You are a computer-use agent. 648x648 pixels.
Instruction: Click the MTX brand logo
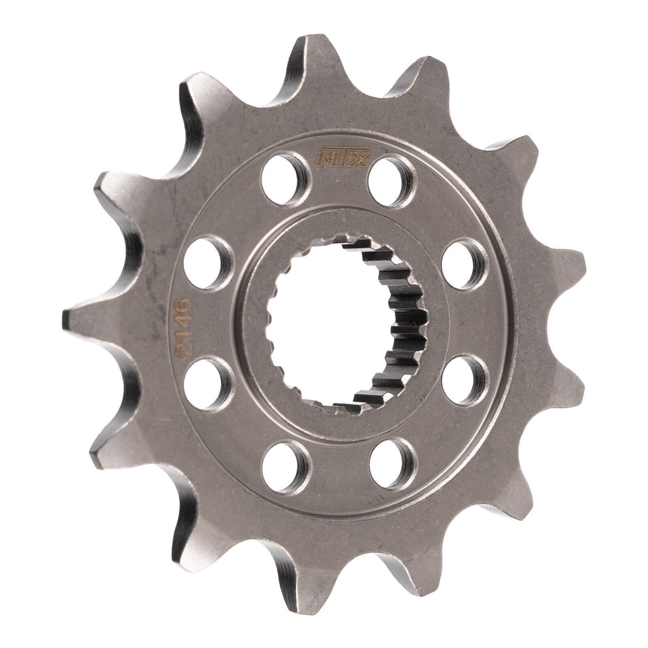click(341, 157)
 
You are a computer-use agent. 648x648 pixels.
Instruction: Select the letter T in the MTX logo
click(342, 157)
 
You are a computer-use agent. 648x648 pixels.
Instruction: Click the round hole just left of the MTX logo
click(286, 172)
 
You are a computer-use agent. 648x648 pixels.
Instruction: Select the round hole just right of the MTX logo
click(392, 180)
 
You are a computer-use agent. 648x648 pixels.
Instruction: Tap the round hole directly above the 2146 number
click(207, 262)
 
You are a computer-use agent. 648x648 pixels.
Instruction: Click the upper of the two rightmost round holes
click(465, 264)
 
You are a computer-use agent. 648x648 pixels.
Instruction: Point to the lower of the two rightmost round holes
click(465, 380)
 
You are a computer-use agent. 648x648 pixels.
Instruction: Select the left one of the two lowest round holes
click(286, 466)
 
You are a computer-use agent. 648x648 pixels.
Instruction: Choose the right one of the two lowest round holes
click(393, 463)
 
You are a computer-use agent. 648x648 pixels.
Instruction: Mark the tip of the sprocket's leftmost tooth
click(67, 317)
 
